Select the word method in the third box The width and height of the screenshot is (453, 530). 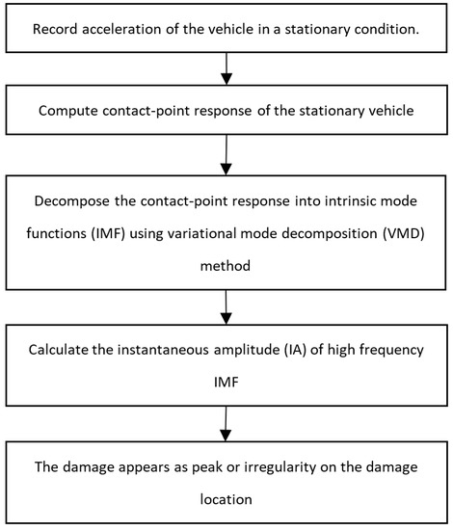pyautogui.click(x=226, y=259)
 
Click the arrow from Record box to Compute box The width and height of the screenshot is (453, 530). pyautogui.click(x=226, y=68)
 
